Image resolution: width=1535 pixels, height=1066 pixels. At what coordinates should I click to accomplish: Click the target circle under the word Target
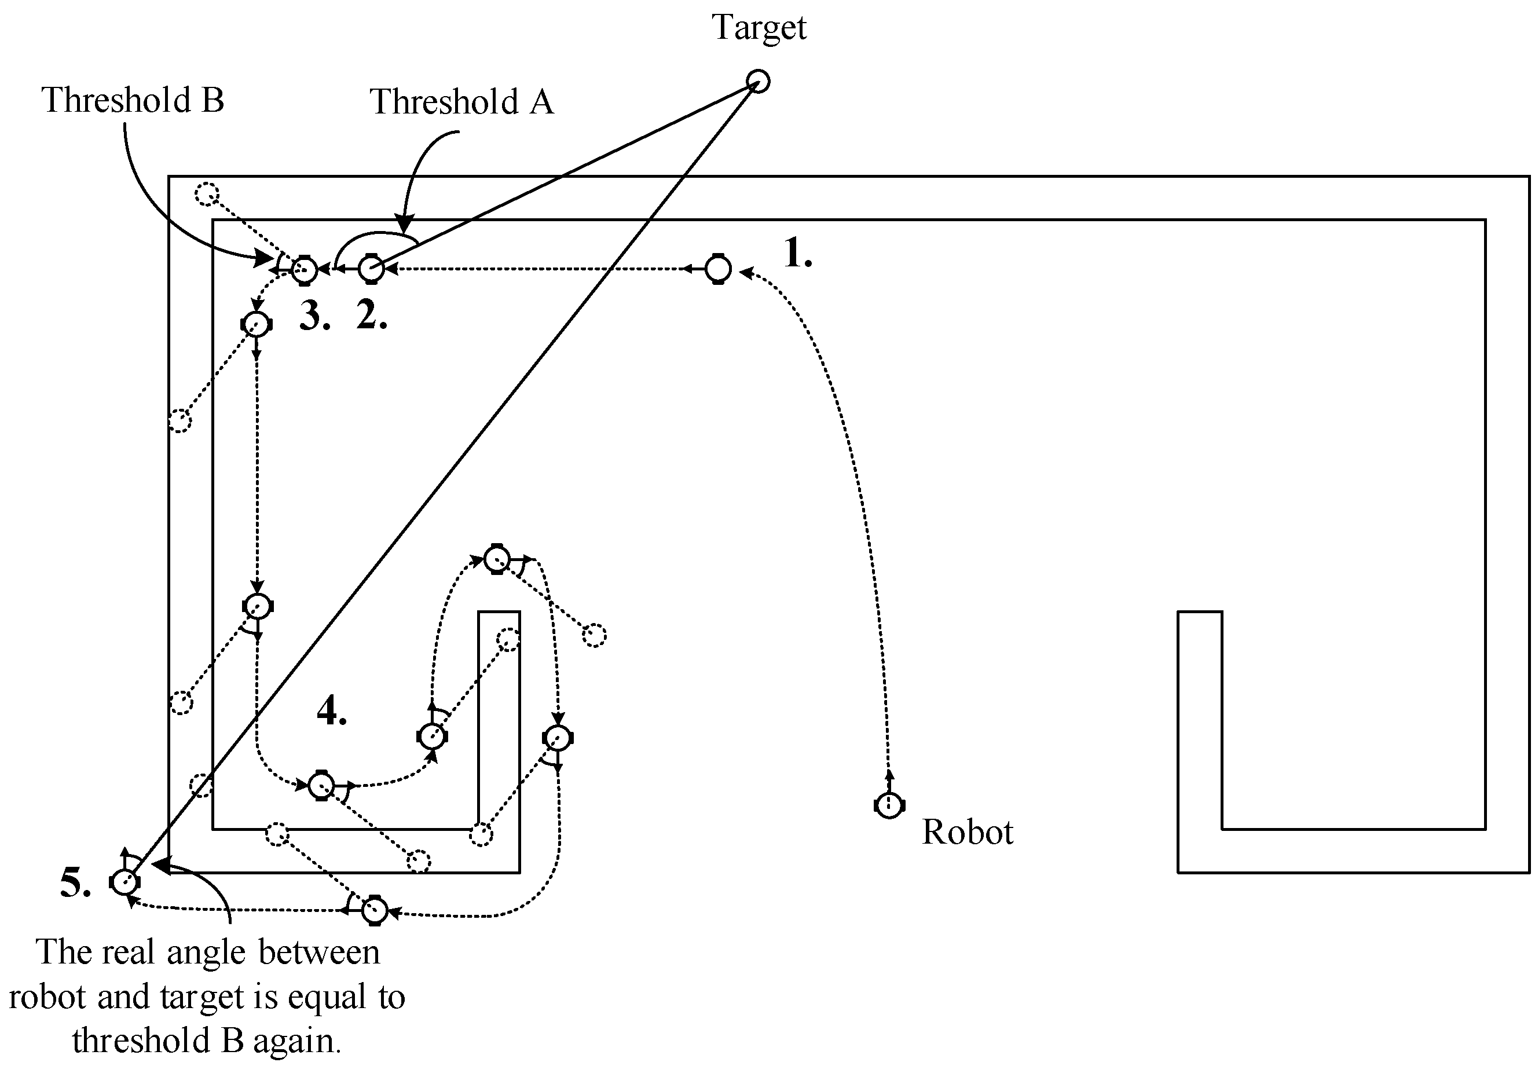point(757,82)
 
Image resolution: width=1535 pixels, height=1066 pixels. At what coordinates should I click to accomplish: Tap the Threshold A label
point(462,102)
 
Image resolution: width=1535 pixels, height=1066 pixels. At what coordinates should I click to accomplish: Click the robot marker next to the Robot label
point(888,805)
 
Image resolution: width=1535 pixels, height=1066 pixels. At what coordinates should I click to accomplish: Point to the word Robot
point(966,832)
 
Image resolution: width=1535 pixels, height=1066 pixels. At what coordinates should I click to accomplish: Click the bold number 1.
point(796,254)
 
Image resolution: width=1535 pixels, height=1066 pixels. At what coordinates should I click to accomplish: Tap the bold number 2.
point(371,315)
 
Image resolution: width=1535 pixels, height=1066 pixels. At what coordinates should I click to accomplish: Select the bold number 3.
point(314,315)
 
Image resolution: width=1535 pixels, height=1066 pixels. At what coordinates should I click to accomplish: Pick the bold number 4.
point(331,710)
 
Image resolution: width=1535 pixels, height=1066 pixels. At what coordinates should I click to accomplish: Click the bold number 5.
point(75,883)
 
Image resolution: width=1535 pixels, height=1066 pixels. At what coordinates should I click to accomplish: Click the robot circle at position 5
point(124,882)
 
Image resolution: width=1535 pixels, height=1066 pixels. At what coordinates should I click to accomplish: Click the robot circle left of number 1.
point(718,269)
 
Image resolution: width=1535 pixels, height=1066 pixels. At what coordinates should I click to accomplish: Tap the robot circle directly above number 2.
point(371,269)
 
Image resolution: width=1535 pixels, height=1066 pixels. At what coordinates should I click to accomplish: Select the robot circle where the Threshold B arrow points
point(304,270)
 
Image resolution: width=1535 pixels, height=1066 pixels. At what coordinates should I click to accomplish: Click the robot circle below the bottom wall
point(374,910)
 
